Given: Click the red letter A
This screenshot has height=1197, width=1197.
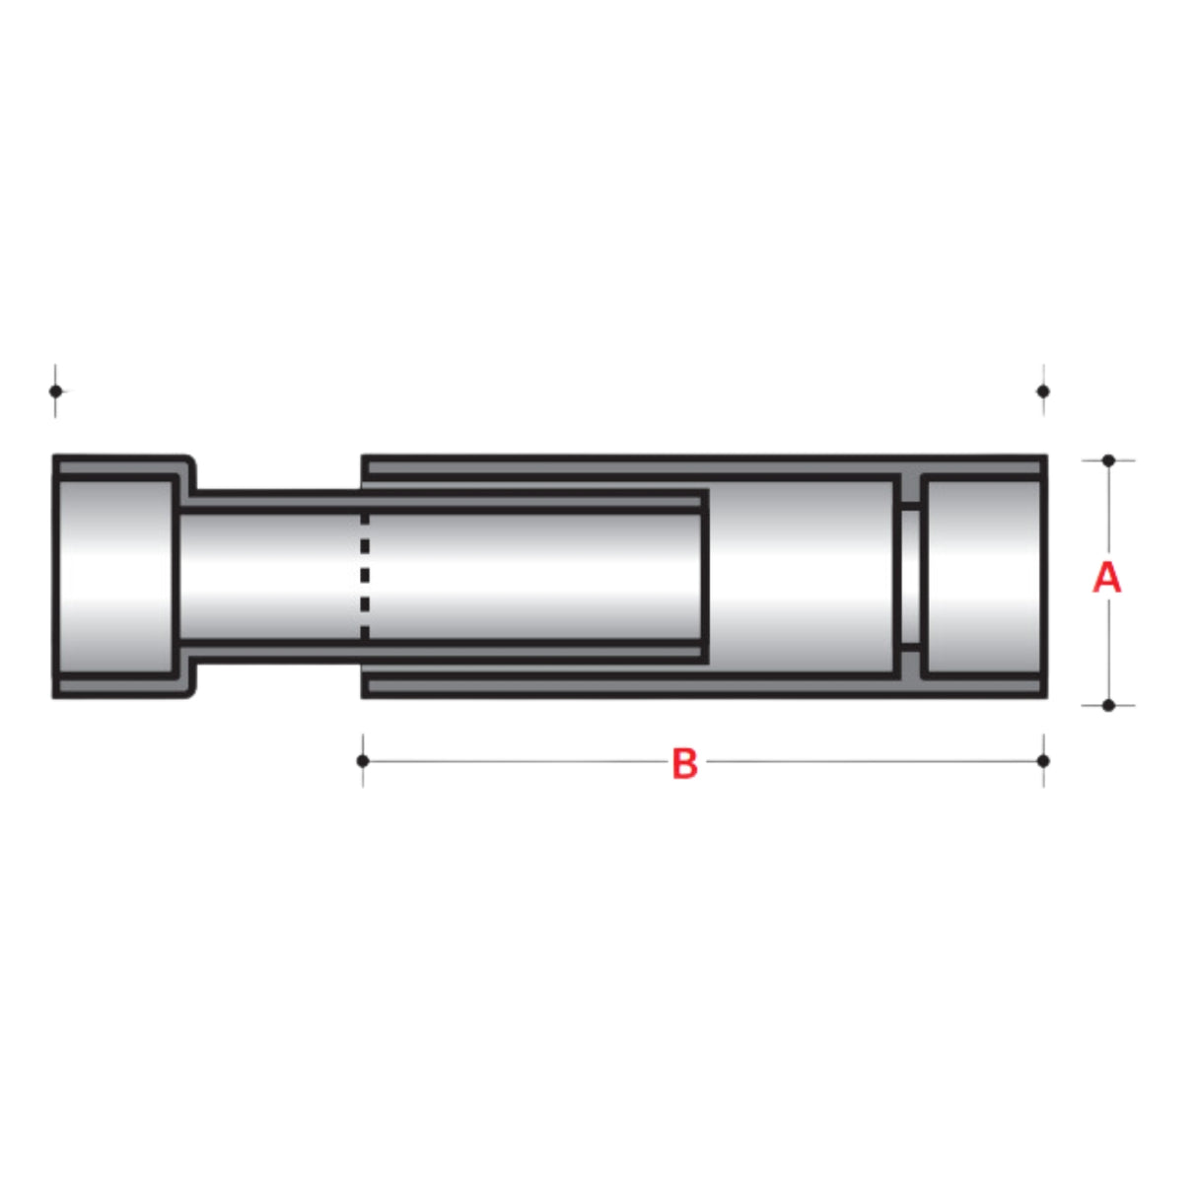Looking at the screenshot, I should point(1107,578).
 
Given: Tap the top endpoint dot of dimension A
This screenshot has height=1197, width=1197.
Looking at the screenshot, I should point(1108,460).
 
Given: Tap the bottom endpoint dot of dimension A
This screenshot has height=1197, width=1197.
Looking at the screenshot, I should point(1108,705).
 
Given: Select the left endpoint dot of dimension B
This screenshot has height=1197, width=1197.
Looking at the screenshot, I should point(363,760).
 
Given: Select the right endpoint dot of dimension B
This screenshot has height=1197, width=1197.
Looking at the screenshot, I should point(1043,760).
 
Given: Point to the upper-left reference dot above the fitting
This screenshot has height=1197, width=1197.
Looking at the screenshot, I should point(55,390).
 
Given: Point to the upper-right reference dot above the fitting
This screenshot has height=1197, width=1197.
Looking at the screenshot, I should point(1043,390).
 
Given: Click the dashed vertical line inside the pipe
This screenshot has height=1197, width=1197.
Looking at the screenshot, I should point(365,577).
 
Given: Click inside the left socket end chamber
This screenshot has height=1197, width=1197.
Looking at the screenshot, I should point(116,577).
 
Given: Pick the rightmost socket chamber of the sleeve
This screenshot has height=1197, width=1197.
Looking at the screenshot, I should point(982,577).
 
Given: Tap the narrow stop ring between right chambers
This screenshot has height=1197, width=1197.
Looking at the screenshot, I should point(910,577).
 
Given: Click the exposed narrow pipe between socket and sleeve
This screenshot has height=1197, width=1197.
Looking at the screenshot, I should point(271,577).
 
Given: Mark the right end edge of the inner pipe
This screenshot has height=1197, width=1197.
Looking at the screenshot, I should point(705,577).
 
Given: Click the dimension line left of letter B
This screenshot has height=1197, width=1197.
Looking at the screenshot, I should point(513,761).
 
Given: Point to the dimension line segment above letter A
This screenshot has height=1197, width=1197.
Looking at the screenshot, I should point(1108,508).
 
